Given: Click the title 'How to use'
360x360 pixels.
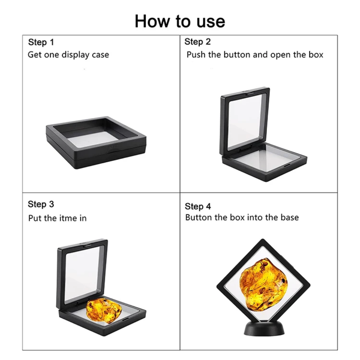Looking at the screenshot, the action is (180, 21).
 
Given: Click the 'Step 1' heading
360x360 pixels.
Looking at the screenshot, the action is (41, 42).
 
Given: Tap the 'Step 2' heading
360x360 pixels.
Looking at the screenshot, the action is (197, 42).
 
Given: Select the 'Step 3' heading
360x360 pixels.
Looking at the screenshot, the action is (41, 204).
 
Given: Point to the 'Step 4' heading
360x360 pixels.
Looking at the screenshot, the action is (198, 206).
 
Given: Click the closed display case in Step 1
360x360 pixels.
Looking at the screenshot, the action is (96, 143).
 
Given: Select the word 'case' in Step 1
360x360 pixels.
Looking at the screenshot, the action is (100, 55).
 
